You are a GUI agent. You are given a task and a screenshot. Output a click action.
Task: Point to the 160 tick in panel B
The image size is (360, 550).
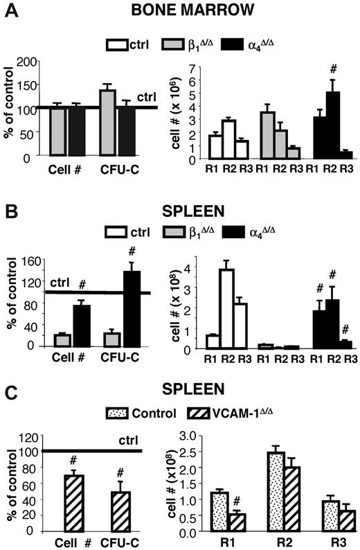tap(29, 261)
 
